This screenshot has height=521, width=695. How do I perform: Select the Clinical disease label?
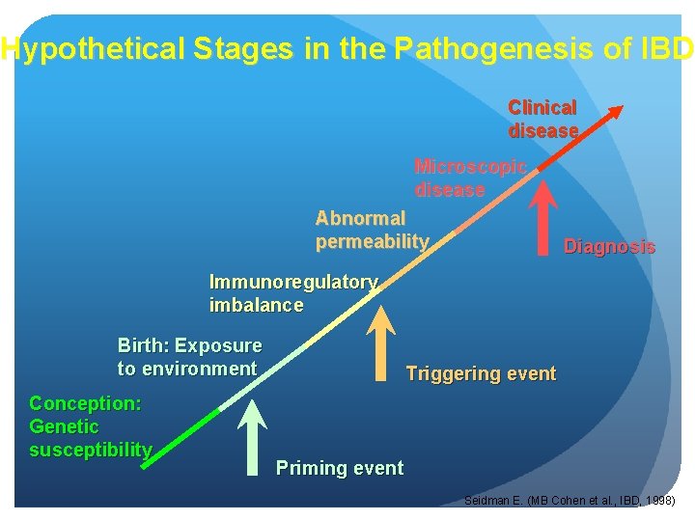click(x=542, y=119)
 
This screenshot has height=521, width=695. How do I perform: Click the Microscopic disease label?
click(x=470, y=178)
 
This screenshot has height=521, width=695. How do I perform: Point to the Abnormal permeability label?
click(x=372, y=230)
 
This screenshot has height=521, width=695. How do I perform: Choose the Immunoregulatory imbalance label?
click(x=292, y=293)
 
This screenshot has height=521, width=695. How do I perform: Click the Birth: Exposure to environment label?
click(x=189, y=357)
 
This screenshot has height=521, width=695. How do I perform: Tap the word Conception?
click(x=85, y=403)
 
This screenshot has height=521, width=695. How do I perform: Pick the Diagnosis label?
click(x=609, y=247)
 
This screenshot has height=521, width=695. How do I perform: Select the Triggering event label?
click(x=481, y=373)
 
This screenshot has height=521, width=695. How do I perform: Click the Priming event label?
click(x=340, y=468)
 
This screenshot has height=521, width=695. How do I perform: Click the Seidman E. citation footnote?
click(x=570, y=501)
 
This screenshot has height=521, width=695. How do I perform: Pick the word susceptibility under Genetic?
click(x=91, y=450)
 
